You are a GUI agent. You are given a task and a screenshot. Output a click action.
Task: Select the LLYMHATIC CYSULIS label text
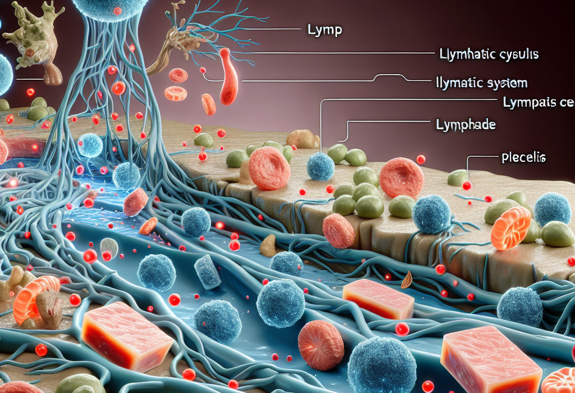(x=487, y=54)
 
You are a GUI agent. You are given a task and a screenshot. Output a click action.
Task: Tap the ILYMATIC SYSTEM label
(x=482, y=83)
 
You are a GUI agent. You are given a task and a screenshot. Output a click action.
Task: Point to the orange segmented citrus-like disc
(x=511, y=226)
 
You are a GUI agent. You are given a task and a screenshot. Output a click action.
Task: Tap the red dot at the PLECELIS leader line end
(x=466, y=185)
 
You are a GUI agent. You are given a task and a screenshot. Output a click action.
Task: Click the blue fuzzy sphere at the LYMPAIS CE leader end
(x=321, y=167)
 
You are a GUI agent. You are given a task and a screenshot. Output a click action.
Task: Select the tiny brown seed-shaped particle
(x=407, y=276)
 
